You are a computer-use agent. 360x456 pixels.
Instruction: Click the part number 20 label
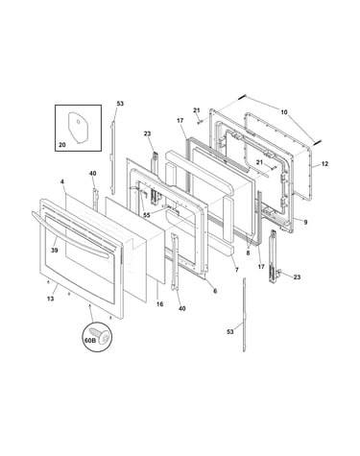pyautogui.click(x=62, y=145)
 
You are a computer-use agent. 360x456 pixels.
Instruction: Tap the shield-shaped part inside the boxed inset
pyautogui.click(x=79, y=127)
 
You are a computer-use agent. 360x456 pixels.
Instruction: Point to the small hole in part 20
pyautogui.click(x=79, y=121)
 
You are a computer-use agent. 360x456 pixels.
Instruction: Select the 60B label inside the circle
pyautogui.click(x=90, y=341)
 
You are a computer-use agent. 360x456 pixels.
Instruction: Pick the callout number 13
pyautogui.click(x=50, y=299)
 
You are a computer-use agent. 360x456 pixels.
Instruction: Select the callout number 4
pyautogui.click(x=62, y=181)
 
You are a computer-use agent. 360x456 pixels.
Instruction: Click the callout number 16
pyautogui.click(x=159, y=304)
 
